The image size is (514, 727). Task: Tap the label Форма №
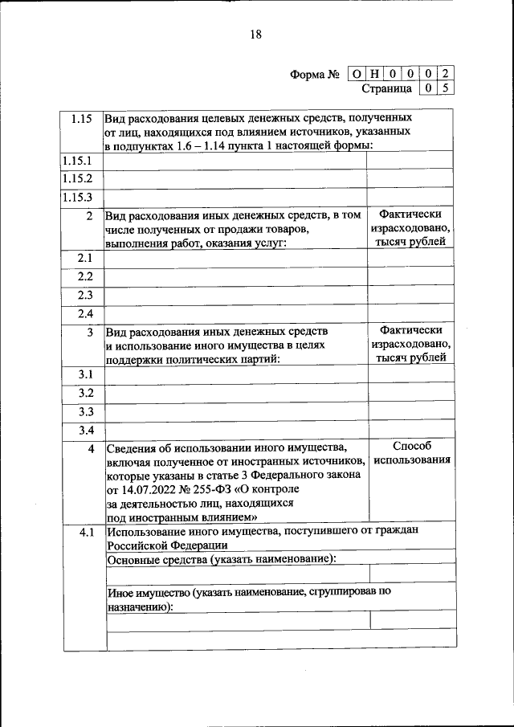(x=315, y=75)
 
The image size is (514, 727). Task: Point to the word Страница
(x=387, y=88)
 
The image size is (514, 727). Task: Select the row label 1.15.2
(x=78, y=179)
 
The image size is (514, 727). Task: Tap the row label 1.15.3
(x=78, y=197)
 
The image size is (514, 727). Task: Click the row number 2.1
(x=85, y=259)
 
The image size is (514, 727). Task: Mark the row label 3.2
(x=86, y=393)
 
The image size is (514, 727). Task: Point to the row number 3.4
(x=86, y=430)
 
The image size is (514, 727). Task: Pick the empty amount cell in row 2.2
(x=410, y=277)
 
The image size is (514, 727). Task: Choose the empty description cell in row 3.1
(x=235, y=375)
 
